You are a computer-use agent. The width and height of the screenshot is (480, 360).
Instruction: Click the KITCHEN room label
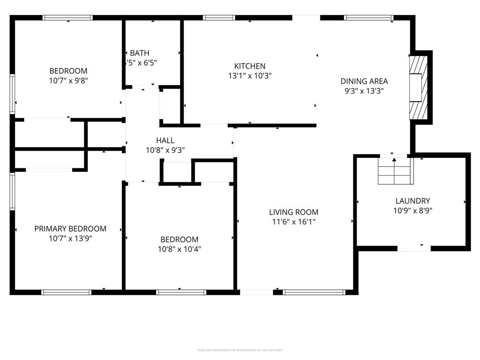click(x=250, y=66)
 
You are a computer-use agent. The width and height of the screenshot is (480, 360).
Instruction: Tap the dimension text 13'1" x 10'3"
click(x=250, y=75)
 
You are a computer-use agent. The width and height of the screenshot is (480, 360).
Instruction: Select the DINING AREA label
click(x=364, y=81)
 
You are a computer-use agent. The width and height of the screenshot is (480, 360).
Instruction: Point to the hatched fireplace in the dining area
click(x=418, y=87)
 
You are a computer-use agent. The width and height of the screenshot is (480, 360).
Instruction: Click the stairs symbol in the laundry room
click(x=395, y=171)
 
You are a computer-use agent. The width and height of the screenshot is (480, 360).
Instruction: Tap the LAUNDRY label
click(x=412, y=201)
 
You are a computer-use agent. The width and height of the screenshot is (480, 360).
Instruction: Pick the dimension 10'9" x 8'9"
click(x=412, y=210)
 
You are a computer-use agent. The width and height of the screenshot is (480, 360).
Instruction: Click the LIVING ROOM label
click(x=293, y=212)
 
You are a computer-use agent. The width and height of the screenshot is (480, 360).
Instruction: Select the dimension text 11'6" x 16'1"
click(x=293, y=221)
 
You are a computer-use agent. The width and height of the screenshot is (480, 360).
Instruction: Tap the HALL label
click(x=165, y=140)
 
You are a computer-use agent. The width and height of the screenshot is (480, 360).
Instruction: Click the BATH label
click(x=140, y=53)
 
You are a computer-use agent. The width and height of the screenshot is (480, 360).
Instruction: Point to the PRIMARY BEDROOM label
click(x=70, y=229)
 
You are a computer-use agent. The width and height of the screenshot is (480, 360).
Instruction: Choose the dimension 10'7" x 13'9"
click(x=70, y=238)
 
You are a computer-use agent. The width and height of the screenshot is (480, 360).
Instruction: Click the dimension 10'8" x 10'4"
click(x=179, y=249)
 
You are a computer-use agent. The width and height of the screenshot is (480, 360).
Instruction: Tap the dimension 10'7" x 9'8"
click(x=68, y=80)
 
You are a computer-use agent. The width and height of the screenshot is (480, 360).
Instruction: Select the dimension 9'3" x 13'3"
click(x=364, y=91)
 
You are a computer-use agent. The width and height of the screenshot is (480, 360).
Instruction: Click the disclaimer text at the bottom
click(x=240, y=350)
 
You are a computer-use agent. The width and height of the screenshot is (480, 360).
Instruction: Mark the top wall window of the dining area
click(x=368, y=18)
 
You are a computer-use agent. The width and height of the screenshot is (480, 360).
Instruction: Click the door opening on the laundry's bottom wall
click(x=414, y=248)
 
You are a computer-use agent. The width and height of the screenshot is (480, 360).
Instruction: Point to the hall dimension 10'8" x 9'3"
click(x=165, y=150)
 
